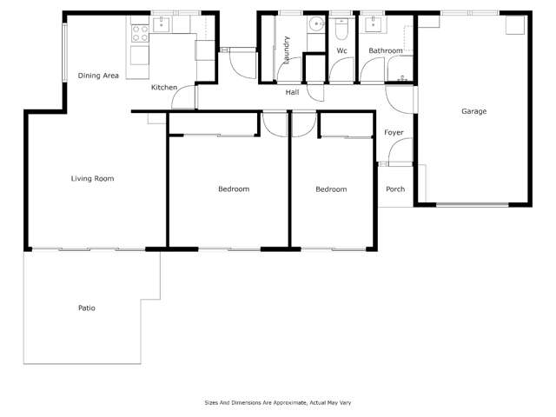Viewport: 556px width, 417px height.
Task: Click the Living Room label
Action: point(92,179)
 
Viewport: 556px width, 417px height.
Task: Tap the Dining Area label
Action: point(98,76)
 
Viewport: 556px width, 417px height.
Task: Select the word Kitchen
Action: point(164,88)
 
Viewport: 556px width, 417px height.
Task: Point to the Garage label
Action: point(473,111)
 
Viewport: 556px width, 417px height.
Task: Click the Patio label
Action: point(86,308)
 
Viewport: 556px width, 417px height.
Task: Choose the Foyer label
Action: point(394,133)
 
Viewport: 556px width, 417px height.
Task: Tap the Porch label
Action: point(394,189)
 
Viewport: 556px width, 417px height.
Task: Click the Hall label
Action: point(292,92)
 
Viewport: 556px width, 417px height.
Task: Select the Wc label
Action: point(342,51)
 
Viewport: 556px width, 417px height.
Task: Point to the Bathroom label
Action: point(386,51)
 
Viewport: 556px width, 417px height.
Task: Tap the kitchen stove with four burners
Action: point(140,33)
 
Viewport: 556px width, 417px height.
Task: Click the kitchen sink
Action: point(162,25)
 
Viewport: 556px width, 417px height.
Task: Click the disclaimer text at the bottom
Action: point(277,402)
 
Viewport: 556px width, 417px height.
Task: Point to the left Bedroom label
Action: point(233,189)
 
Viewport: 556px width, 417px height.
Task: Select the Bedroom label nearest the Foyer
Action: point(330,189)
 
